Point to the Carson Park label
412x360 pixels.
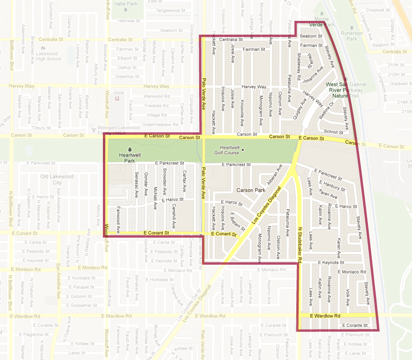[x=251, y=190]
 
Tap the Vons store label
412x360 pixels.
[x=119, y=92]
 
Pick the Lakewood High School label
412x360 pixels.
[x=48, y=56]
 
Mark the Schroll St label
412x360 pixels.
[x=333, y=132]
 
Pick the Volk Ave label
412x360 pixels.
[x=348, y=295]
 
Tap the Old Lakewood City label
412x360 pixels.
[x=57, y=179]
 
